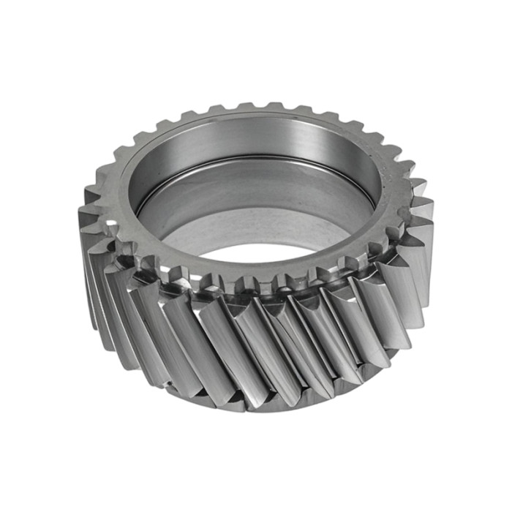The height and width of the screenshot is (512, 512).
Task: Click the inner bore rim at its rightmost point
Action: point(380,183)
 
